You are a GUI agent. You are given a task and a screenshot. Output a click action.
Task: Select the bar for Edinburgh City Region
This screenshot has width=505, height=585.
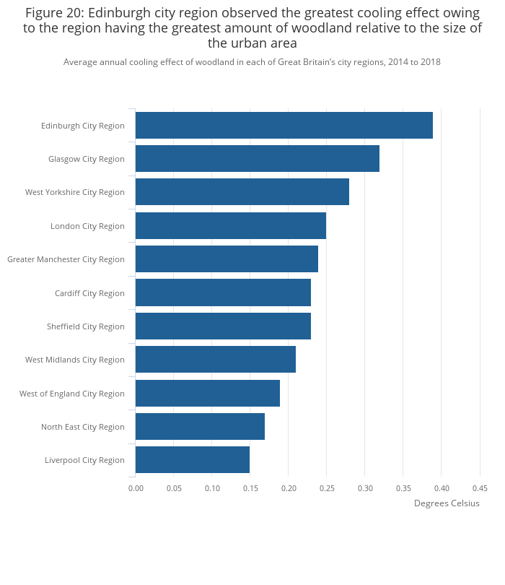[284, 126]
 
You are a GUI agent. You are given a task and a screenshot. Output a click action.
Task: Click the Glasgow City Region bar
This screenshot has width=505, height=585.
[257, 159]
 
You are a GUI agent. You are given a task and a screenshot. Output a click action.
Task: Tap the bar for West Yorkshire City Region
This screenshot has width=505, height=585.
[242, 192]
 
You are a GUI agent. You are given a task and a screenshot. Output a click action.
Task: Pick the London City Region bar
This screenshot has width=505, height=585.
[230, 226]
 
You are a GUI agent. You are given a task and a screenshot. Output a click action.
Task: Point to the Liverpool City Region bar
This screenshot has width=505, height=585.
[192, 460]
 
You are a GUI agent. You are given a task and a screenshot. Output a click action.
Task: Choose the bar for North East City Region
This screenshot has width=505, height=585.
[200, 427]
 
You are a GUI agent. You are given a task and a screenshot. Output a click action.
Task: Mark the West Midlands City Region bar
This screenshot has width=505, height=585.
[215, 360]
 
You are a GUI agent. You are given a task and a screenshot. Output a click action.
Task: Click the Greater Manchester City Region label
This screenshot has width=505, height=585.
[66, 259]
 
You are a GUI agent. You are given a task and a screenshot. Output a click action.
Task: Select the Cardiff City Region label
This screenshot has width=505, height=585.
[89, 293]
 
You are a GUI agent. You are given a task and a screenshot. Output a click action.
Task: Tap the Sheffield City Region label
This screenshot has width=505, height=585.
[86, 326]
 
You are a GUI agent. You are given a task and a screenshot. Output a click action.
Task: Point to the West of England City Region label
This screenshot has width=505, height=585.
[72, 394]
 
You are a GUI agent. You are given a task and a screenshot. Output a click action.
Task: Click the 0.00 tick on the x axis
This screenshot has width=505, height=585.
[136, 488]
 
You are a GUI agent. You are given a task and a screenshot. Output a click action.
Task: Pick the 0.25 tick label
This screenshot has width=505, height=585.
[326, 488]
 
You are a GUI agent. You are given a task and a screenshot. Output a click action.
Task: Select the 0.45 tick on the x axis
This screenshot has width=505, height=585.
[480, 488]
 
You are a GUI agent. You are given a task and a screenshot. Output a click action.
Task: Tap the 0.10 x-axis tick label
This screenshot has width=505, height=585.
[212, 488]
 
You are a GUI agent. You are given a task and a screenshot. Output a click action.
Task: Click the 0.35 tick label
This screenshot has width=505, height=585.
[403, 488]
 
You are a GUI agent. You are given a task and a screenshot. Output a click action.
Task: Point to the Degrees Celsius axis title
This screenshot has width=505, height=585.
[447, 503]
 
